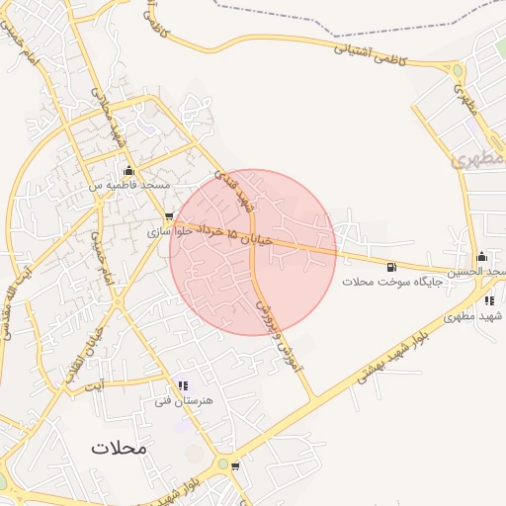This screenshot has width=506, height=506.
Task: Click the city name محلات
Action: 119,447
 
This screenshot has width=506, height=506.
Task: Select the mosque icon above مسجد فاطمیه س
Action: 128,170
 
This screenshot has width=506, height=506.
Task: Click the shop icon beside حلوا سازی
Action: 170,216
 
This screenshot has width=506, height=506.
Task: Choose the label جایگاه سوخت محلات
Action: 393,282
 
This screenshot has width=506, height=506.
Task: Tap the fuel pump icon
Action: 392,267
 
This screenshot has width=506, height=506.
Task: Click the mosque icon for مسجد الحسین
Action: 481,257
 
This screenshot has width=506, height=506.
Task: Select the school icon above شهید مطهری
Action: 489,300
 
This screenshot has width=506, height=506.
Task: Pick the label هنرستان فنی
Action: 178,401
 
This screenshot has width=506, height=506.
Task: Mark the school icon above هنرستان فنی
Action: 182,385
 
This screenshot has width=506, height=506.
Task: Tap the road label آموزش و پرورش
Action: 281,338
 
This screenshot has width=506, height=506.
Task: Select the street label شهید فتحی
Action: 241,194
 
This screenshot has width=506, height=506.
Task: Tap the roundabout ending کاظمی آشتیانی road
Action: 456,70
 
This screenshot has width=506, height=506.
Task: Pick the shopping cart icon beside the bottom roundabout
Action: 234,465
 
